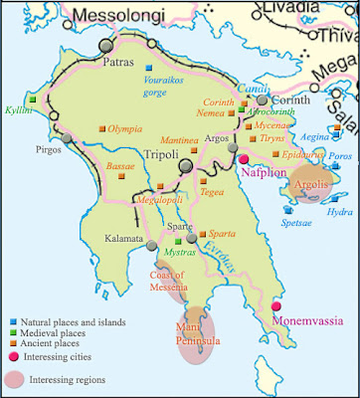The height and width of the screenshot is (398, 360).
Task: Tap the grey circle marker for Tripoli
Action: tap(184, 168)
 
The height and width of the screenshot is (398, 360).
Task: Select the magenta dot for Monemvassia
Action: tap(277, 306)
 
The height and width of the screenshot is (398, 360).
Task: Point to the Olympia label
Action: tap(128, 129)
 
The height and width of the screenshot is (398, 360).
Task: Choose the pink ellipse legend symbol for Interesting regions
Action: tap(17, 379)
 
